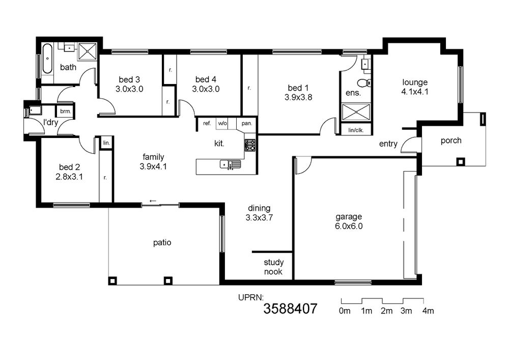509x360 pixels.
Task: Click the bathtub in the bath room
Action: [x=47, y=59]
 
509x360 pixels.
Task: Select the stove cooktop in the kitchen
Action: [x=250, y=145]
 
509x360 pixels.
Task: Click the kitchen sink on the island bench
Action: [x=230, y=164]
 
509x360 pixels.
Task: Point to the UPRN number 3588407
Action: [x=290, y=309]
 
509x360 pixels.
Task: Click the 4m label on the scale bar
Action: [x=428, y=311]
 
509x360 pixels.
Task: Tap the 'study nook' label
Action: [x=273, y=267]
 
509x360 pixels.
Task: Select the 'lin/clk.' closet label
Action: [x=356, y=130]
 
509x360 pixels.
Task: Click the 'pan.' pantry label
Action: [x=247, y=123]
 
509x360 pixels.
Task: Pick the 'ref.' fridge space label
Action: [x=207, y=123]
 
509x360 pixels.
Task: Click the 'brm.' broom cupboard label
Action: [x=65, y=112]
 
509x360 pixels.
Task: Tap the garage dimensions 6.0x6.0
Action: [x=349, y=226]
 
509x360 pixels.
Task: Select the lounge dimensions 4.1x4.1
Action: [x=415, y=92]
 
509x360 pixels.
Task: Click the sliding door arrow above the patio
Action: [x=153, y=201]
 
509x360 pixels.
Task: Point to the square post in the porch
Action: [x=461, y=161]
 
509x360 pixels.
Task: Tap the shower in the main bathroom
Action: [x=88, y=51]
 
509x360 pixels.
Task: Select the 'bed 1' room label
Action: [x=298, y=88]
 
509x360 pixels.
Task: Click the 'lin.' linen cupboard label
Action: [x=106, y=143]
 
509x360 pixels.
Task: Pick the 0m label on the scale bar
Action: [x=345, y=311]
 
